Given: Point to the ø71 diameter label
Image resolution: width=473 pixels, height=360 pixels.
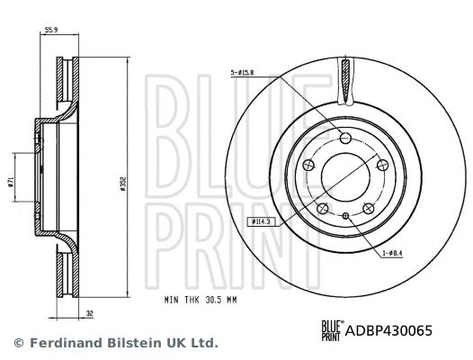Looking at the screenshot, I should (x=12, y=182).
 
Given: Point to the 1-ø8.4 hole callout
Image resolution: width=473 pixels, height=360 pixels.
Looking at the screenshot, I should (x=395, y=255).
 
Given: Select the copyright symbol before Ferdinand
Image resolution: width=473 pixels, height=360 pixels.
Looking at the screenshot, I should (x=18, y=343).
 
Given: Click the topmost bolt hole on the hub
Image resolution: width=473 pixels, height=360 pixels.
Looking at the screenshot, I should (x=345, y=137).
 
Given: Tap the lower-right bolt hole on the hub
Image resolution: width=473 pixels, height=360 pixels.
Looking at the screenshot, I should (x=368, y=208).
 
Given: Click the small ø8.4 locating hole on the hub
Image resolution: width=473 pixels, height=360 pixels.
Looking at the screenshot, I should (x=345, y=215).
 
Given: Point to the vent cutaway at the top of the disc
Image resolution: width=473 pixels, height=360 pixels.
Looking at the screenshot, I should (x=345, y=81).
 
